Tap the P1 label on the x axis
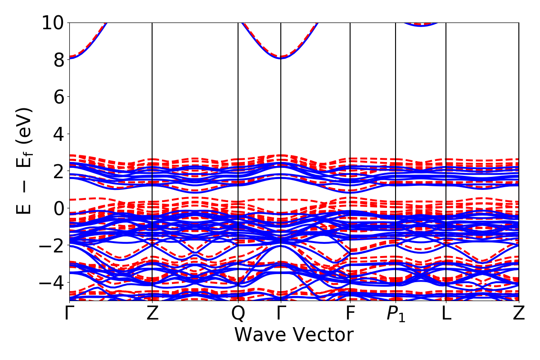click(x=396, y=314)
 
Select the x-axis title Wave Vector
click(x=294, y=335)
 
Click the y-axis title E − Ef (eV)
click(x=25, y=161)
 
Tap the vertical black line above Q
click(x=238, y=135)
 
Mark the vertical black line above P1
click(x=396, y=135)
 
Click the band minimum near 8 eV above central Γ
click(x=281, y=58)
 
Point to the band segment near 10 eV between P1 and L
click(x=421, y=25)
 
